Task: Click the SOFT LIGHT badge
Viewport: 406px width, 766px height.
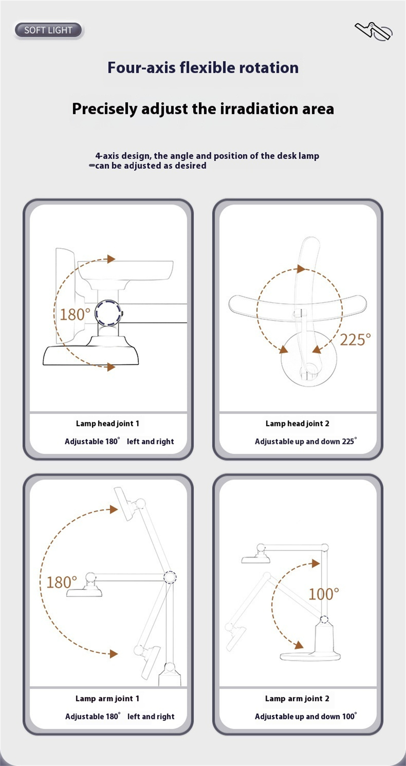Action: coord(48,30)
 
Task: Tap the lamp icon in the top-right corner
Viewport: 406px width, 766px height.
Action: coord(374,31)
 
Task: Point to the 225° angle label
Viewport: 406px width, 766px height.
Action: coord(355,340)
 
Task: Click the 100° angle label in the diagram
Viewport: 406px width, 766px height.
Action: coord(324,594)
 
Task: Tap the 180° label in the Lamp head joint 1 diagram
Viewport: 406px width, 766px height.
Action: coord(75,314)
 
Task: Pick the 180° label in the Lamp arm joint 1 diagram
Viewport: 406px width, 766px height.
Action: coord(61,582)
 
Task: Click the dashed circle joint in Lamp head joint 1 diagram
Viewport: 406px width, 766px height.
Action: coord(108,313)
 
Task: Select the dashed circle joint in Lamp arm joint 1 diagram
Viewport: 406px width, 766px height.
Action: coord(170,577)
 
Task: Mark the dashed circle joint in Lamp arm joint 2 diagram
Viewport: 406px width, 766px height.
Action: coord(324,620)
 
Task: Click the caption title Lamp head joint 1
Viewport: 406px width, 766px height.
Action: coord(108,424)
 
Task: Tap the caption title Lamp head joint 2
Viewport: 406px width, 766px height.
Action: coord(298,424)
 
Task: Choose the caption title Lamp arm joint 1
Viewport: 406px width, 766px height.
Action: coord(108,699)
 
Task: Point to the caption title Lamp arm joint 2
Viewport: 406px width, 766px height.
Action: coord(297,699)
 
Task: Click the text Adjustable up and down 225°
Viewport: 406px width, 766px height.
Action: coord(306,441)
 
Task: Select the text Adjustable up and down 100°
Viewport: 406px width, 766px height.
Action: coord(306,716)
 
